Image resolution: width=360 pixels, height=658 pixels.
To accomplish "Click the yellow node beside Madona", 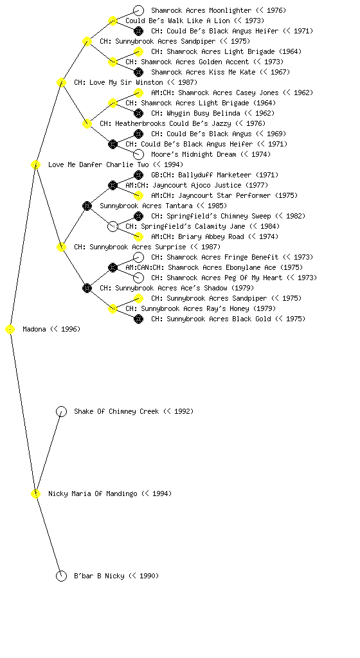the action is [x=10, y=330].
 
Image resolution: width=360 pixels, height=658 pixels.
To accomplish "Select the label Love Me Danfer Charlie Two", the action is [x=98, y=164].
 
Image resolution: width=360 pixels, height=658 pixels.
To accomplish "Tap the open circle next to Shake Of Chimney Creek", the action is [x=61, y=412].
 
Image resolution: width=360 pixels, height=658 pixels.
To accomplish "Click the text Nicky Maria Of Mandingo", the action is [x=93, y=493].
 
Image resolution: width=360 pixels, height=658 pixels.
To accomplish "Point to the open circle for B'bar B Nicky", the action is [x=61, y=576].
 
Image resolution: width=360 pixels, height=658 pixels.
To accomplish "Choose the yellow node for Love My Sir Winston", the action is [x=61, y=82].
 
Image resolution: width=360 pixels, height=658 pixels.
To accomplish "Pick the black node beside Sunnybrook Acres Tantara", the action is [x=87, y=206].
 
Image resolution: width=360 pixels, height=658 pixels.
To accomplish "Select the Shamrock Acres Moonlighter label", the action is [x=201, y=10].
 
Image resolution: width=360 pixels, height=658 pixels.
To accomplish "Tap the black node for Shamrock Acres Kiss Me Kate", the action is [x=138, y=72].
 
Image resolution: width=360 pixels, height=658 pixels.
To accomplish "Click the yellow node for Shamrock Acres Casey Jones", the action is [x=138, y=93].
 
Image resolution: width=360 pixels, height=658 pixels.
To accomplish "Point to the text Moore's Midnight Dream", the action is [x=194, y=154].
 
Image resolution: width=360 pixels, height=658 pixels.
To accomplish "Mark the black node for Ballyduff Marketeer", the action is [x=138, y=175].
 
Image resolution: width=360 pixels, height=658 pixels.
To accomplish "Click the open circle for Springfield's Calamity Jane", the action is [x=113, y=226].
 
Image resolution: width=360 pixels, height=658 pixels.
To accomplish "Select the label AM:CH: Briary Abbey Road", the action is [x=197, y=236].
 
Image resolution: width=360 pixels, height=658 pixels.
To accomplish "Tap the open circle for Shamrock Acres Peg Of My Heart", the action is [x=138, y=278].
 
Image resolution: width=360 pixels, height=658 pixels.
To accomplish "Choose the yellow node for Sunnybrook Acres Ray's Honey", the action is [x=113, y=308].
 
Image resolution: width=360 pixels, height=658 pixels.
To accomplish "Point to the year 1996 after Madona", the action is [x=69, y=330].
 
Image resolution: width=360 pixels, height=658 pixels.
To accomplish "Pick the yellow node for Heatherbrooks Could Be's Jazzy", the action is [x=87, y=123].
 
